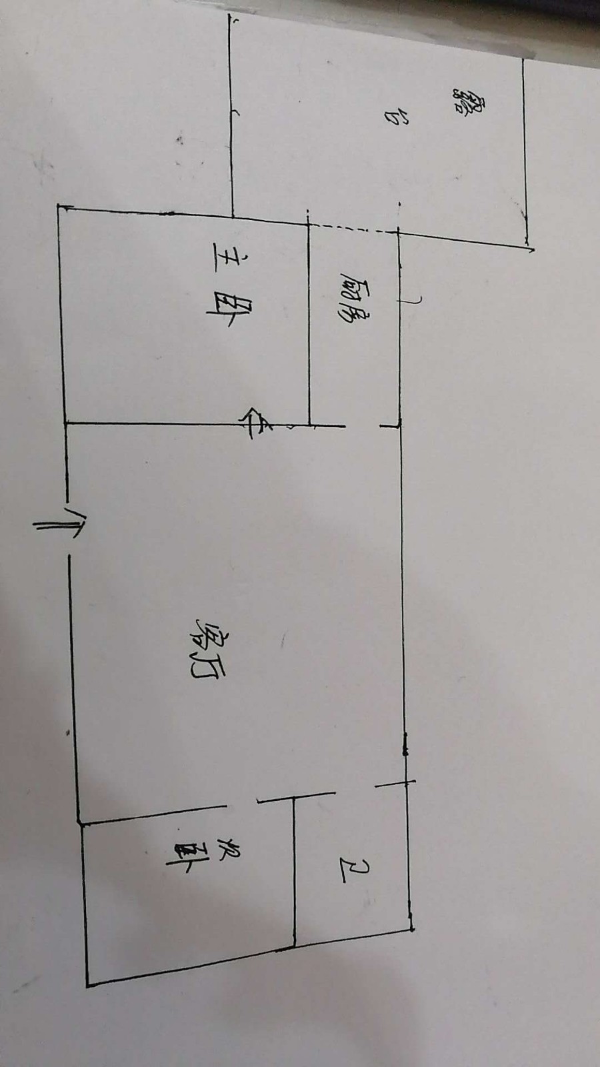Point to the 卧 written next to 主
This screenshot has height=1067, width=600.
tap(225, 311)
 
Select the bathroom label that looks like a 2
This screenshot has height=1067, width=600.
tap(353, 870)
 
